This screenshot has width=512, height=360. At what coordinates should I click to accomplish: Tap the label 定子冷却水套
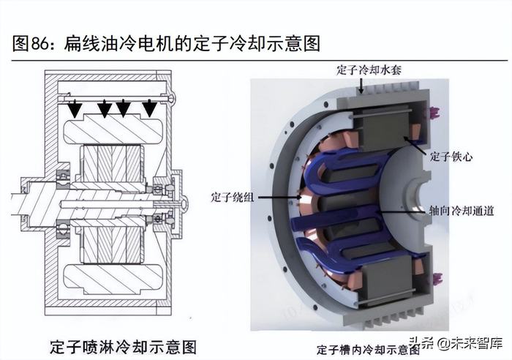[x=369, y=70]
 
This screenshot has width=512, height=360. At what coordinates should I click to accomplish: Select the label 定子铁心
[x=451, y=157]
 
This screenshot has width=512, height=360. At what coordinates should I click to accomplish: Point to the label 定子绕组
[x=232, y=198]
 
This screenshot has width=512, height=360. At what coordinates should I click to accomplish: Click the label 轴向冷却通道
[x=461, y=211]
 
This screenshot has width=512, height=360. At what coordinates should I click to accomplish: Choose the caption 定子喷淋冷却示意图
[x=124, y=348]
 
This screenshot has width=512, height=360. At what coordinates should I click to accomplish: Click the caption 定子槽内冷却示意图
[x=369, y=350]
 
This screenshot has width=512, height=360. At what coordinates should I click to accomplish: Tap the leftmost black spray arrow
[x=75, y=109]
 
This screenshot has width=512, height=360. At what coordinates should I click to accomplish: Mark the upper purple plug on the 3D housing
[x=436, y=113]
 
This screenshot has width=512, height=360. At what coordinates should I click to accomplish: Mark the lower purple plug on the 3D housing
[x=436, y=278]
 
